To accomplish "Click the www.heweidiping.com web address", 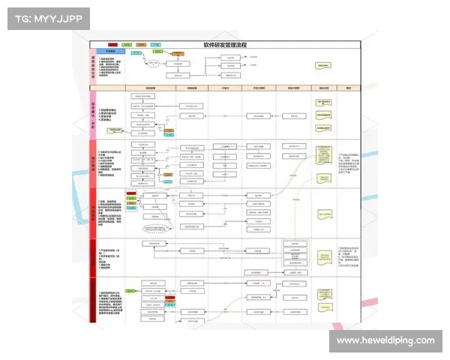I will pyautogui.click(x=385, y=340).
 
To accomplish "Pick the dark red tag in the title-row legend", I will pyautogui.click(x=112, y=45).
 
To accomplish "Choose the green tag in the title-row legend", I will pyautogui.click(x=127, y=45).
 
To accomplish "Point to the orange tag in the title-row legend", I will pyautogui.click(x=140, y=45).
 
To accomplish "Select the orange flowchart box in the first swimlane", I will pyautogui.click(x=178, y=54).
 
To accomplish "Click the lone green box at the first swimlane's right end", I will pyautogui.click(x=324, y=66).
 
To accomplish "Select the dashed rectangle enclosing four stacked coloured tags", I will pyautogui.click(x=131, y=200).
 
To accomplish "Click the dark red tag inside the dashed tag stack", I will pyautogui.click(x=131, y=193).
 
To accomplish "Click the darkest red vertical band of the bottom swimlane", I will pyautogui.click(x=93, y=300).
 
